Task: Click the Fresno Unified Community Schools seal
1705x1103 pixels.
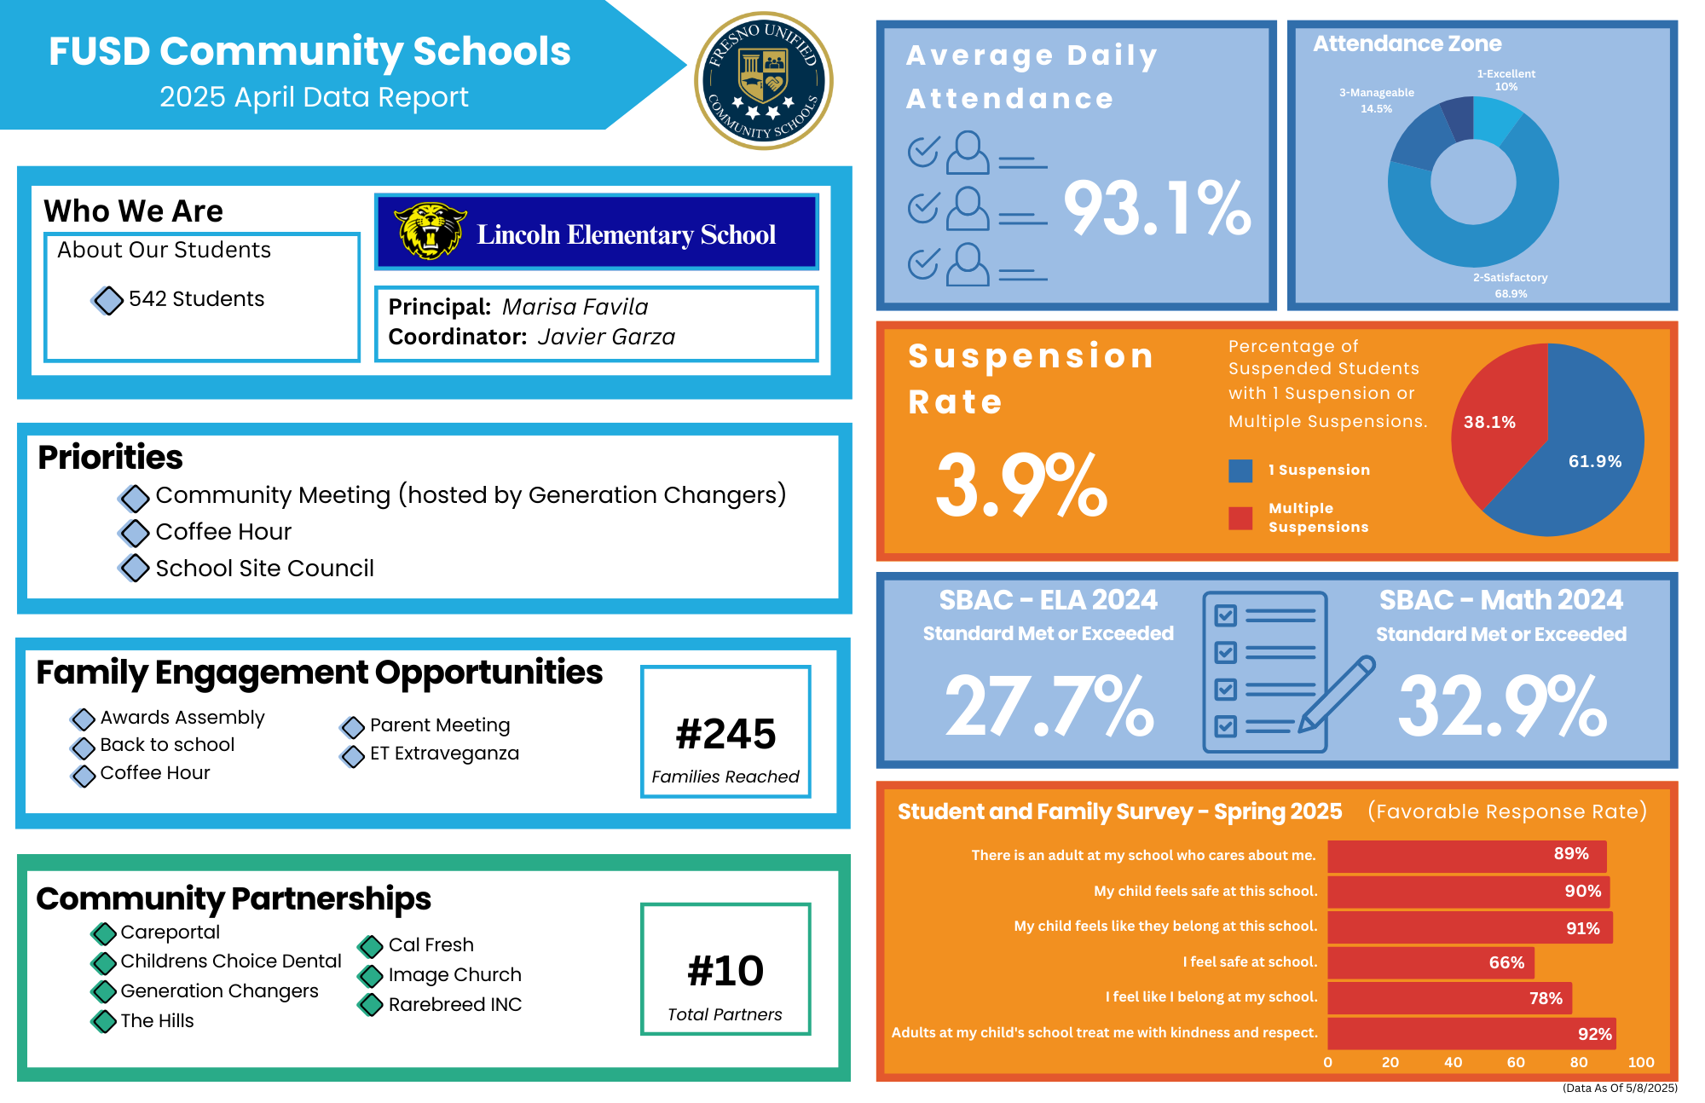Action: click(x=763, y=81)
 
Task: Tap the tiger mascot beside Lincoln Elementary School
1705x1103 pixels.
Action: click(x=430, y=230)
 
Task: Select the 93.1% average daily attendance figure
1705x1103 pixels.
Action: click(x=1157, y=209)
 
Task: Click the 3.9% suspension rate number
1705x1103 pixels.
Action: click(x=1020, y=485)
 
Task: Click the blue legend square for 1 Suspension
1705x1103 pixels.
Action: click(x=1240, y=471)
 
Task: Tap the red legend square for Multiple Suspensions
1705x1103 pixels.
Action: click(x=1240, y=517)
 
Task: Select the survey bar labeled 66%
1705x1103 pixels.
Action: click(x=1430, y=962)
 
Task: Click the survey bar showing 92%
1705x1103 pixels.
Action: click(x=1471, y=1033)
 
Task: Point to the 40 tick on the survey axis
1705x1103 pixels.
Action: click(x=1453, y=1062)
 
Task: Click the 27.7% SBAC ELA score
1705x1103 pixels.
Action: click(x=1049, y=706)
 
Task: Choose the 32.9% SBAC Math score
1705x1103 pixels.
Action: click(x=1502, y=706)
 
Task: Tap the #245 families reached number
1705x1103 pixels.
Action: click(x=725, y=734)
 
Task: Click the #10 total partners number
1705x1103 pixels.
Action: click(x=725, y=971)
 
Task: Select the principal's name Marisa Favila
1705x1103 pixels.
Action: click(x=575, y=307)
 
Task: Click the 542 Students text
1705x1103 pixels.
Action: click(x=196, y=299)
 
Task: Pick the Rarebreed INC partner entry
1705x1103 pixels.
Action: click(x=454, y=1005)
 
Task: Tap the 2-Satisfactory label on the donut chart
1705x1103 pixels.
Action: click(x=1510, y=278)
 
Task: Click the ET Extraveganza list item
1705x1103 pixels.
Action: click(x=444, y=754)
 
